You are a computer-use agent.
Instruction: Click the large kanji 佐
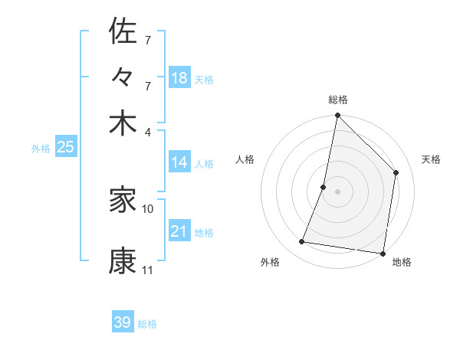click(123, 31)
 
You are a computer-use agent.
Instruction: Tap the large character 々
click(123, 79)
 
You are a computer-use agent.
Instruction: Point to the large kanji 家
click(123, 201)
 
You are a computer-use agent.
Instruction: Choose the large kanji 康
click(123, 260)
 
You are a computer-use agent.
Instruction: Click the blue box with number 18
click(179, 77)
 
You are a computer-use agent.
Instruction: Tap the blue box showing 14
click(179, 162)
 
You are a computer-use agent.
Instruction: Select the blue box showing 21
click(179, 231)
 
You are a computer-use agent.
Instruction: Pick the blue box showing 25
click(66, 147)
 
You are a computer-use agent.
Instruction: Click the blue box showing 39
click(123, 322)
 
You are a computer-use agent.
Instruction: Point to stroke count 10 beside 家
click(148, 208)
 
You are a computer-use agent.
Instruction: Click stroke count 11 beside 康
click(147, 270)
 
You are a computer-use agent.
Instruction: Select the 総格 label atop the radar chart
click(338, 100)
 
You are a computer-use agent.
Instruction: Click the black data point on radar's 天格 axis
click(396, 172)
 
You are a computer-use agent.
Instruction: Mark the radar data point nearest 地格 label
click(383, 253)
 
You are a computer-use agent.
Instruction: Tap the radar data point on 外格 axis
click(302, 242)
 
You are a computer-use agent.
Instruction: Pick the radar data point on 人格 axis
click(324, 187)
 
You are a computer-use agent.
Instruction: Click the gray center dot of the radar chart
click(338, 191)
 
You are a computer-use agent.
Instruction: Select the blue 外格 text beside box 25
click(41, 149)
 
